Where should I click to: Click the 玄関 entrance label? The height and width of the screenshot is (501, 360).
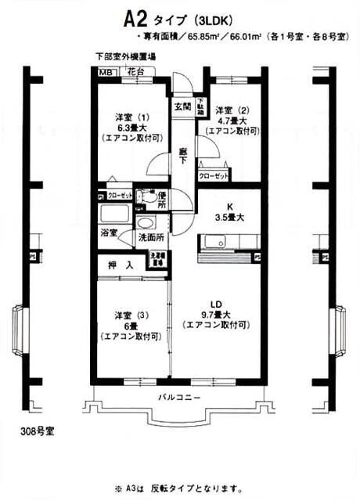click(182, 106)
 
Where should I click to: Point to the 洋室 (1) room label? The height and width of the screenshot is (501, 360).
click(131, 118)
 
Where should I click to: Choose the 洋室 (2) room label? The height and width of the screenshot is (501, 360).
click(231, 110)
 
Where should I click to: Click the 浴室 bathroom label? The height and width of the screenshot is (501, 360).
click(109, 232)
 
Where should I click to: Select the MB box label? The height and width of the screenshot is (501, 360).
click(105, 71)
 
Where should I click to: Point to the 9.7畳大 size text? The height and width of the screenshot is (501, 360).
click(217, 315)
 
